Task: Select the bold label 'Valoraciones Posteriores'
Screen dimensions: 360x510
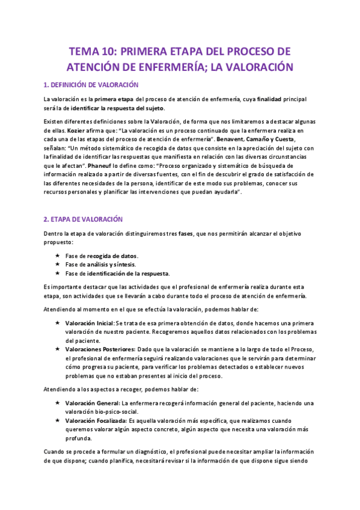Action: pos(100,350)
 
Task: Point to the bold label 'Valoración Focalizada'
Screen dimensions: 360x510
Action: pos(96,420)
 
